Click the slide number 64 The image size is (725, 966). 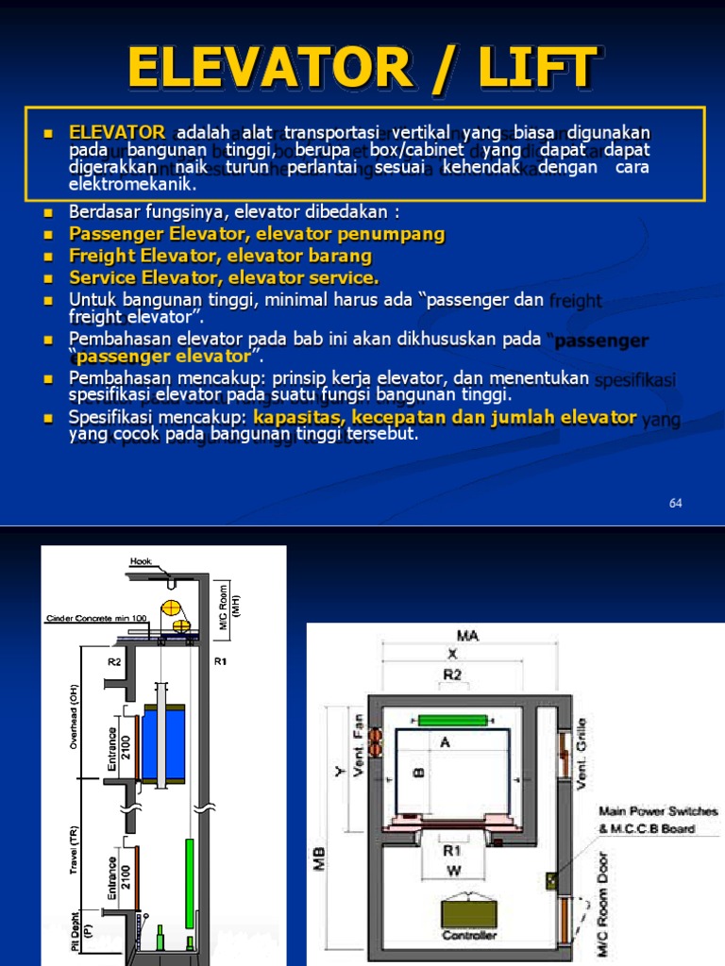675,503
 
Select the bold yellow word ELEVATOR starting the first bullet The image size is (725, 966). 117,132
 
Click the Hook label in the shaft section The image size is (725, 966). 141,562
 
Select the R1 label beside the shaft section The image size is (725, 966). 221,661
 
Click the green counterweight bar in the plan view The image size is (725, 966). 452,721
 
